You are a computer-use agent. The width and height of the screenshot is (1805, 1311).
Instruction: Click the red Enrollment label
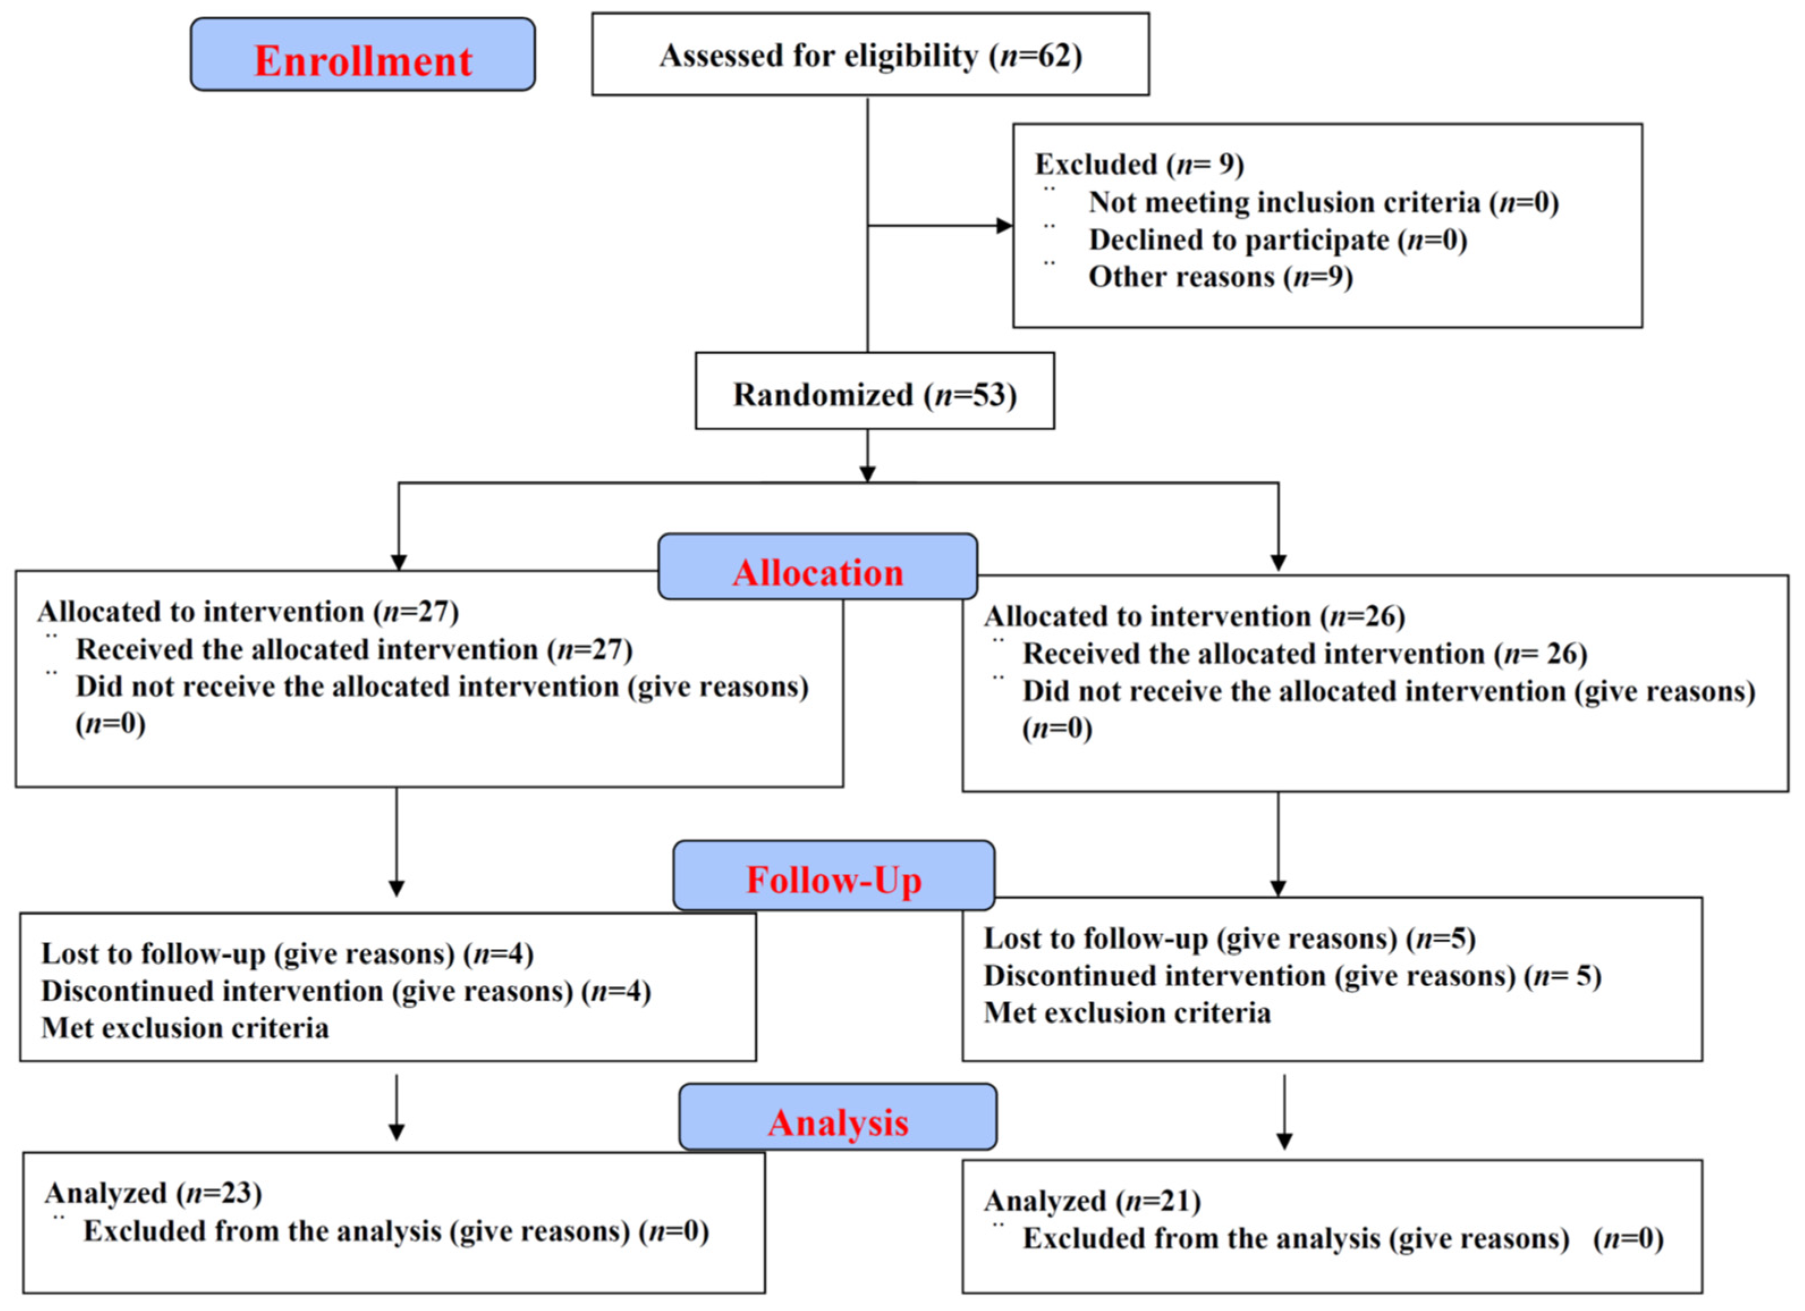[x=363, y=61]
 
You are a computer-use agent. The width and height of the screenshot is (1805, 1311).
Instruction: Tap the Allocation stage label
[x=817, y=573]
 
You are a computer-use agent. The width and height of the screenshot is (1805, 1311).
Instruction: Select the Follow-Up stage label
[x=833, y=880]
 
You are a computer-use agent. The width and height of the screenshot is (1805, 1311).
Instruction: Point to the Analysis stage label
[x=837, y=1122]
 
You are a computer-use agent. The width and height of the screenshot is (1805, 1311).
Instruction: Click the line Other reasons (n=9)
[x=1220, y=277]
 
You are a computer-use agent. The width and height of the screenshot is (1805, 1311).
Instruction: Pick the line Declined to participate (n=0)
[x=1277, y=239]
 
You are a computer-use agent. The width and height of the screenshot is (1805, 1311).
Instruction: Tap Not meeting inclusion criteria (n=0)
[x=1323, y=202]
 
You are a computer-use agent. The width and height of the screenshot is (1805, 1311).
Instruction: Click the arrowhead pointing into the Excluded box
[x=1005, y=226]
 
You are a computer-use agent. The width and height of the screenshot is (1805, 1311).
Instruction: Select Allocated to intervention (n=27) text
[x=248, y=612]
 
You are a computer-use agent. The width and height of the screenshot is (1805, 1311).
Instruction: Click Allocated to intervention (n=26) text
[x=1194, y=617]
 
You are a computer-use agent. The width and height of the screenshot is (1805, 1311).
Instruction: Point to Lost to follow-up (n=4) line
[x=286, y=953]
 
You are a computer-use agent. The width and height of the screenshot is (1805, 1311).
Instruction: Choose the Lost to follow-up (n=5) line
[x=1230, y=938]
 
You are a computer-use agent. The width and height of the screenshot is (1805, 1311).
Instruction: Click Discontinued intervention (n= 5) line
[x=1291, y=975]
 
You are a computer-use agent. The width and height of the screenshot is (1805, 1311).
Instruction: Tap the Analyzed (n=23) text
[x=153, y=1193]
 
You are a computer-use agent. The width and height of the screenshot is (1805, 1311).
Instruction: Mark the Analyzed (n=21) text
[x=1092, y=1200]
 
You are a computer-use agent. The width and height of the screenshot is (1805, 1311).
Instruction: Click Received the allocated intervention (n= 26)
[x=1304, y=654]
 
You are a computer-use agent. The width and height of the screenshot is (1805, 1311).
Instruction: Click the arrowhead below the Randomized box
[x=867, y=474]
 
